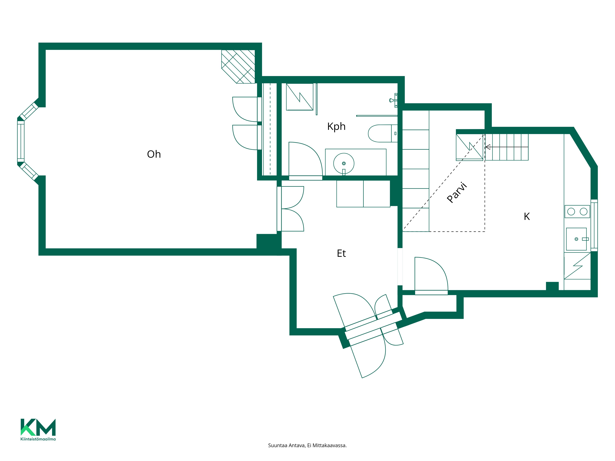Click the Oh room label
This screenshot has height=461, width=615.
point(154,154)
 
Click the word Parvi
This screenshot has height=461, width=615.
point(457,192)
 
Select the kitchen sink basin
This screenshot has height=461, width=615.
point(576,239)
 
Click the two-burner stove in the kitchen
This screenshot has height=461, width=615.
point(577,211)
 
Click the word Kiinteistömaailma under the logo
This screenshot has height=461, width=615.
point(38,439)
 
